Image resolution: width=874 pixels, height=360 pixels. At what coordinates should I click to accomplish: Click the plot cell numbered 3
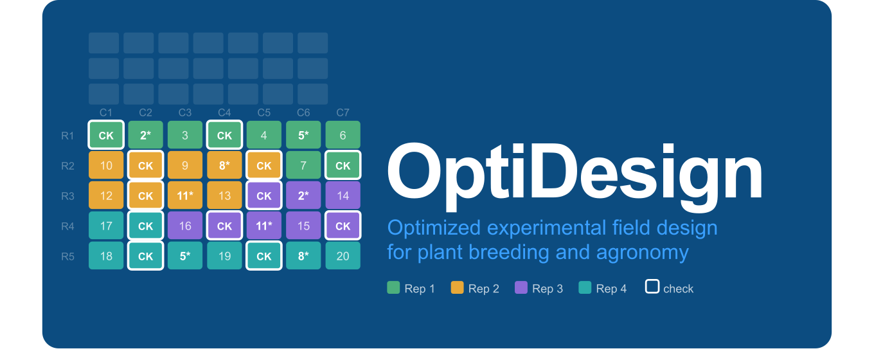[185, 135]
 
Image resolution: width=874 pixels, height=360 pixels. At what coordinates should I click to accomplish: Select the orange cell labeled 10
[106, 165]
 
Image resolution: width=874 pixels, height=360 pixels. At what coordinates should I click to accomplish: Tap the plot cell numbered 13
[224, 195]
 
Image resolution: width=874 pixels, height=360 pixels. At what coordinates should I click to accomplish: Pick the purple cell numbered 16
[185, 226]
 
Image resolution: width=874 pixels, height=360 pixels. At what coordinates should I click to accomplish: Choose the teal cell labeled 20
[343, 256]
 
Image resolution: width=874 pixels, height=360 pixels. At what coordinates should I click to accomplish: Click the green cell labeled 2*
[146, 135]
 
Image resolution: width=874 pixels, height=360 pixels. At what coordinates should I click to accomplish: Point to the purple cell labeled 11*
[264, 226]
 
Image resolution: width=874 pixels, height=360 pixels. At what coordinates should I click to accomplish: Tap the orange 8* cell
[224, 165]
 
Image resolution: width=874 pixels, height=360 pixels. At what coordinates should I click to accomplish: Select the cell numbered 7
[303, 165]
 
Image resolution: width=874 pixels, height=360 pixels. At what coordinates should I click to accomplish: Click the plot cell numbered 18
[106, 256]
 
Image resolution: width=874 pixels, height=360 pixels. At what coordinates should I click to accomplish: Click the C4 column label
[224, 113]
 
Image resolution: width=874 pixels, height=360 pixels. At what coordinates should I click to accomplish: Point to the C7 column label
[343, 113]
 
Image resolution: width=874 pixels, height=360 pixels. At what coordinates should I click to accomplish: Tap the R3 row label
[67, 196]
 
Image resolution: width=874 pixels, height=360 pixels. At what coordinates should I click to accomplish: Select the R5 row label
[67, 256]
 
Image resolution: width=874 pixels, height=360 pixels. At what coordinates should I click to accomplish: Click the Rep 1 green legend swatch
[393, 287]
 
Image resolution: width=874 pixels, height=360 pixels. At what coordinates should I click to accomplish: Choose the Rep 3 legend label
[547, 289]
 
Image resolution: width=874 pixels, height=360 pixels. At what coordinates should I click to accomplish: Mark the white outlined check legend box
[652, 287]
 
